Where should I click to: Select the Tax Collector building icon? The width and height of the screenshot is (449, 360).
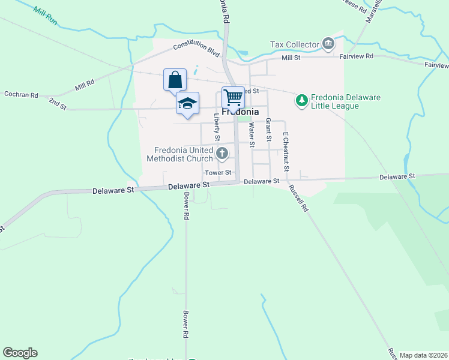point(328,43)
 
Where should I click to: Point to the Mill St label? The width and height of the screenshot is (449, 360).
point(291,58)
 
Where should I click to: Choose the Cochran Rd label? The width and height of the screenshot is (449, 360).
point(21,95)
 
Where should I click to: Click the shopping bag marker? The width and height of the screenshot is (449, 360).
point(175,80)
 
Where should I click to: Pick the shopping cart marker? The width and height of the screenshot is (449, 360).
point(234,97)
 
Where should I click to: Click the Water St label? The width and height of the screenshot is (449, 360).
point(252,134)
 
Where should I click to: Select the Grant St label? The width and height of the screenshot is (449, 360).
point(268,130)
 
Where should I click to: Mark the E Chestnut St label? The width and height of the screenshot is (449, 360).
point(286,151)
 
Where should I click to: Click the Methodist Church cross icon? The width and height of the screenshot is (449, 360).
point(222,154)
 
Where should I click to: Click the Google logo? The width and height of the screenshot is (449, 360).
point(20,353)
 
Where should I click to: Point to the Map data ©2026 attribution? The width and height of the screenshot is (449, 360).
point(423,355)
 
